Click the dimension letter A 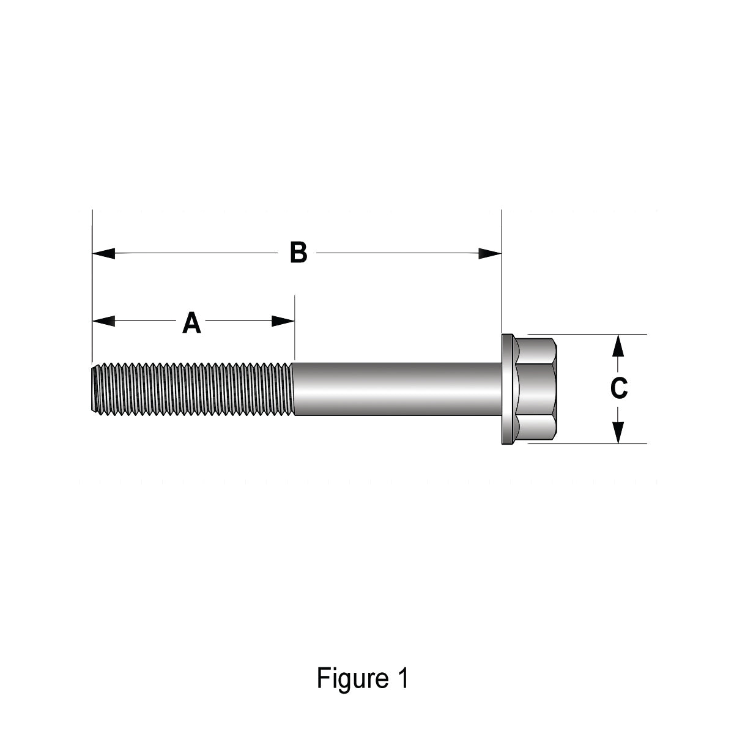point(192,322)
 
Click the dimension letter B point(298,253)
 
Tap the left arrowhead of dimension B point(103,253)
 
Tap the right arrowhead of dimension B point(490,253)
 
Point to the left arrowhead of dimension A point(103,321)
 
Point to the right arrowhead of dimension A point(283,321)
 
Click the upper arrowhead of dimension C point(618,346)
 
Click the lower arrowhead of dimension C point(618,432)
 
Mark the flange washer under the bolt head point(507,388)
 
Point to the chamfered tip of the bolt point(94,389)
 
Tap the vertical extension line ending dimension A point(295,327)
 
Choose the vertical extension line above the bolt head point(502,269)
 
